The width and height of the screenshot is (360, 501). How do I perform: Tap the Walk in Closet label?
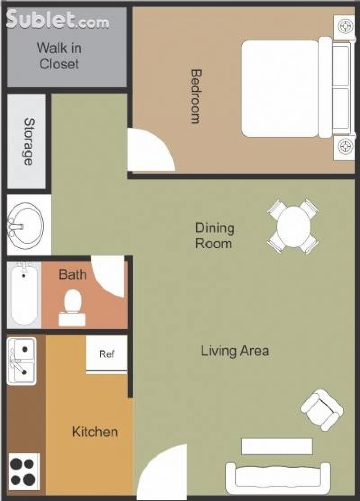point(59,56)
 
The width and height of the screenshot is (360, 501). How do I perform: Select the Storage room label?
point(29,141)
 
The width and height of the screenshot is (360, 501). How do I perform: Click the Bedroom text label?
point(195,97)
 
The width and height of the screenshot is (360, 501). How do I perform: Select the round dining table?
point(293,227)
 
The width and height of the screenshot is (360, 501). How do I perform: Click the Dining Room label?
point(214,236)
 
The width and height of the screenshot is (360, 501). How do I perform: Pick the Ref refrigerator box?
point(107,354)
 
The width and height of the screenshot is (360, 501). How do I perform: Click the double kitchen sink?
point(22,361)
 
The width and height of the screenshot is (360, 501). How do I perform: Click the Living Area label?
point(235,351)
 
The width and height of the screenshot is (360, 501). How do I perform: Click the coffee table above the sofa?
point(277,446)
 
